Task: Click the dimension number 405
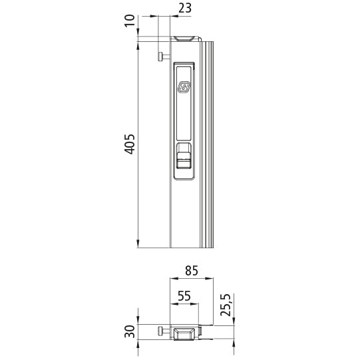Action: coord(130,144)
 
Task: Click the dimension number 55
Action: coord(184,295)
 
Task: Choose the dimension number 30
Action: coord(130,331)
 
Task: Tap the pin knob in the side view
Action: coord(161,57)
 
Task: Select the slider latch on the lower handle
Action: coord(184,160)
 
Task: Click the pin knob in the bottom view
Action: coord(161,331)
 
